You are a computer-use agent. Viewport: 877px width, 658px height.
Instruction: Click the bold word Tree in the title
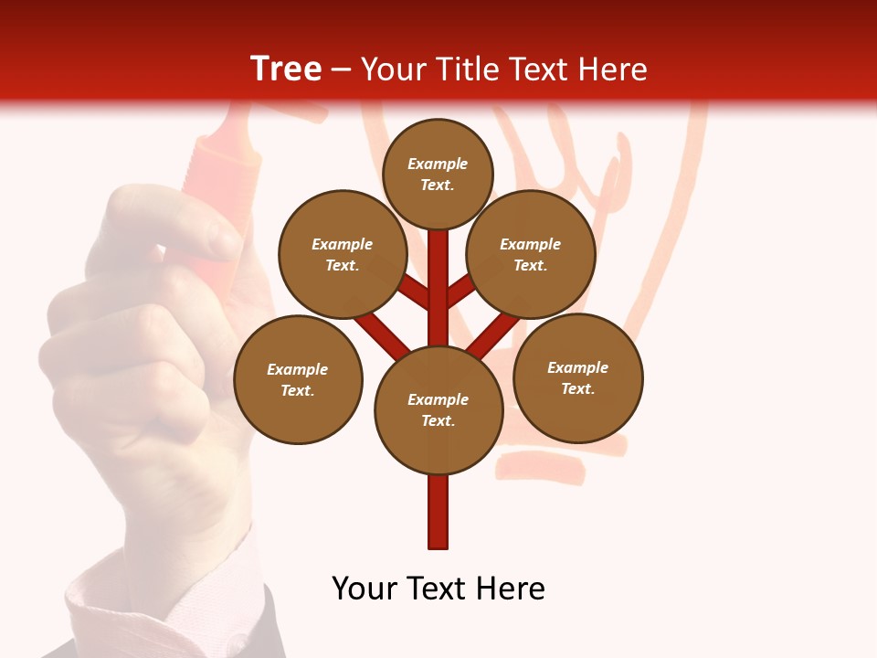click(286, 69)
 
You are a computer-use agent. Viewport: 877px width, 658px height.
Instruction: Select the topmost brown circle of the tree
click(438, 174)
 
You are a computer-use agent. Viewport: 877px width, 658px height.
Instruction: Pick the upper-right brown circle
click(531, 254)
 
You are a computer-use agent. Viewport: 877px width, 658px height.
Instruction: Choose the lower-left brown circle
click(298, 379)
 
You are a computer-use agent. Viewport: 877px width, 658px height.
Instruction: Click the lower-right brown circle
click(577, 377)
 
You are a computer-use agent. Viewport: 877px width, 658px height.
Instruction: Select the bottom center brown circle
click(438, 409)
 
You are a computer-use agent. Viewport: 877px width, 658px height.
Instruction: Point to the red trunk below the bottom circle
click(438, 512)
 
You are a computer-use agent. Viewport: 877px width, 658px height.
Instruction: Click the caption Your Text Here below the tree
click(438, 589)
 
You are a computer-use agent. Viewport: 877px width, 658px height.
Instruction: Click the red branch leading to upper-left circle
click(414, 292)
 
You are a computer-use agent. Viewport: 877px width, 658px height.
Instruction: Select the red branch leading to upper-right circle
click(461, 291)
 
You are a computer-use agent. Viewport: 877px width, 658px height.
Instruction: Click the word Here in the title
click(615, 69)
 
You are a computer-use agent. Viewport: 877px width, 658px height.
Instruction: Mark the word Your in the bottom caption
click(364, 589)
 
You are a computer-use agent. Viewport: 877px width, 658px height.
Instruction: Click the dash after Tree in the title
click(341, 70)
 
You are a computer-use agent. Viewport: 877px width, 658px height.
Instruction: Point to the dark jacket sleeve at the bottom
click(274, 631)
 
